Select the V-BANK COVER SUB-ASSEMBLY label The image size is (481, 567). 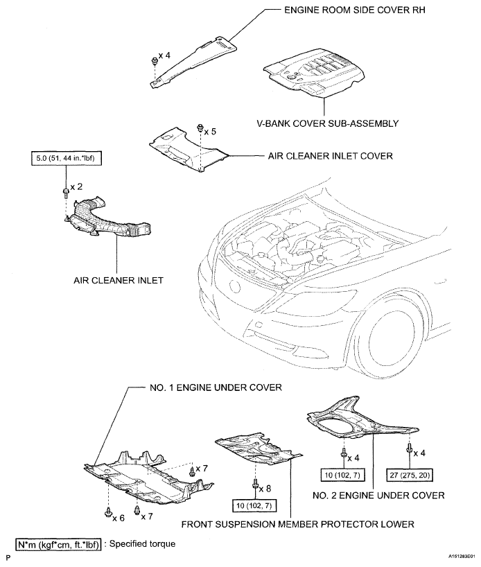(x=327, y=123)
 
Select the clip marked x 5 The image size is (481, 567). (x=200, y=128)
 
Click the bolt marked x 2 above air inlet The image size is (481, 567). (x=64, y=188)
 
